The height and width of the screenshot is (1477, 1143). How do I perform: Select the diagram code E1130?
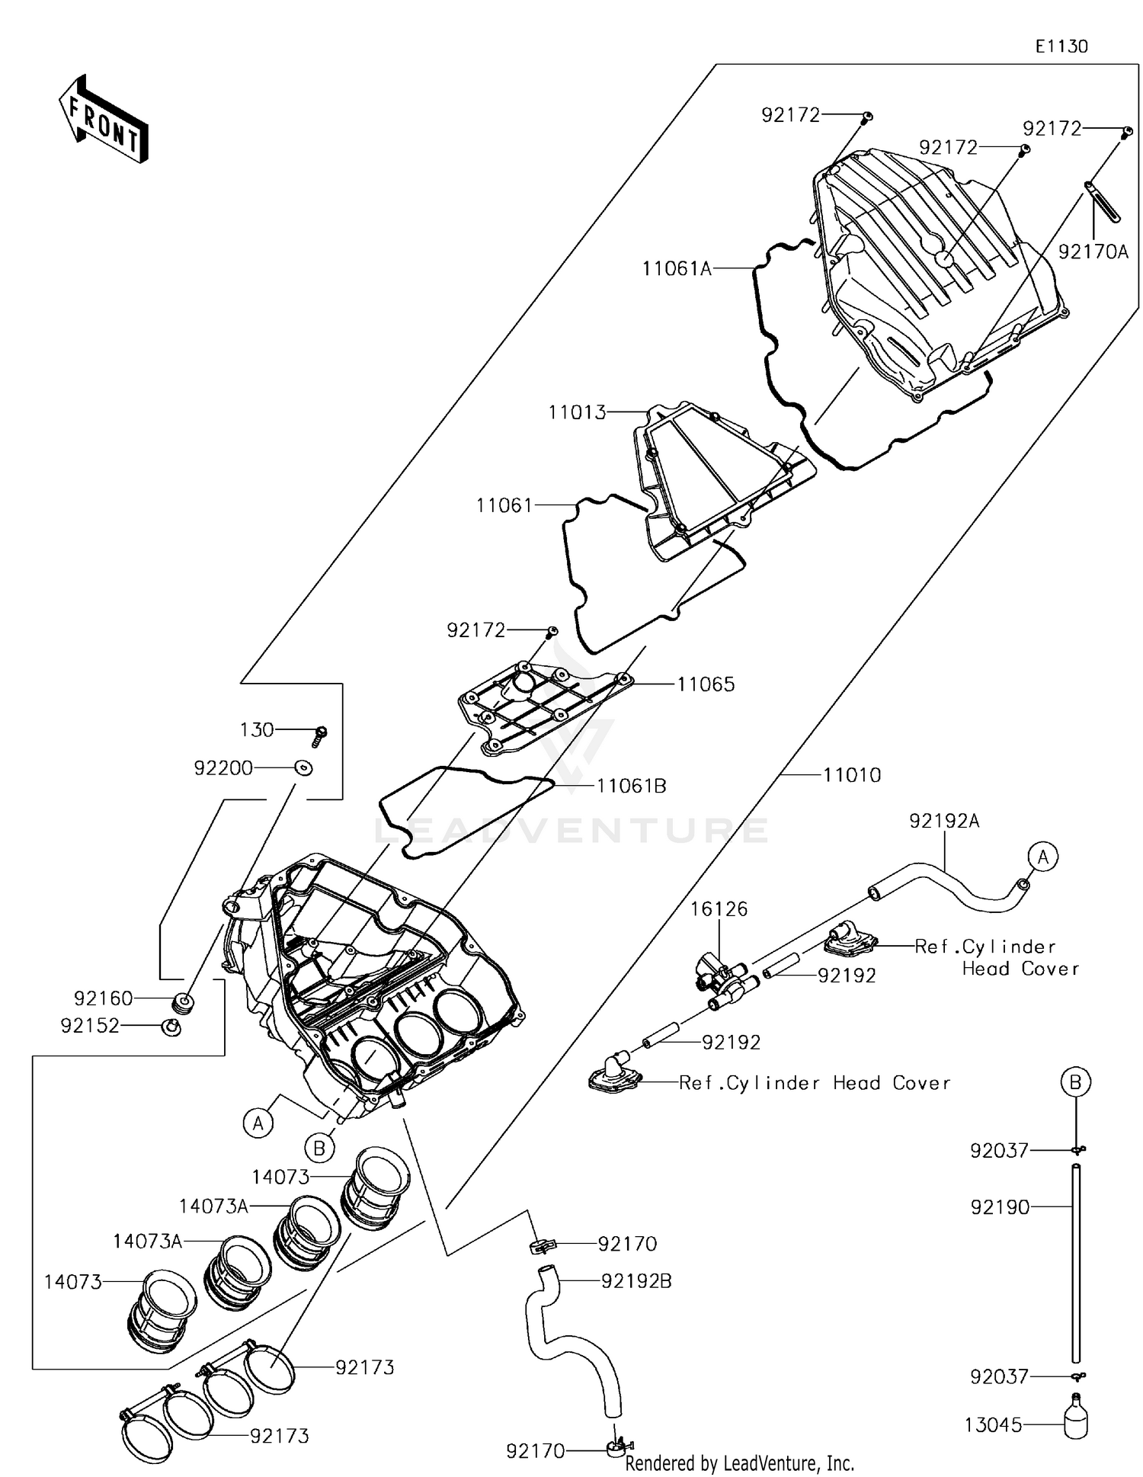point(1061,46)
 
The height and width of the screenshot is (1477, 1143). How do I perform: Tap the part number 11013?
point(577,412)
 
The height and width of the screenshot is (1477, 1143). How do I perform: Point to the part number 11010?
point(852,775)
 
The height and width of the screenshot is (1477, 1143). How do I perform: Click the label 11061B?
point(631,786)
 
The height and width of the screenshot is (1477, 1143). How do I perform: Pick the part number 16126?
point(719,908)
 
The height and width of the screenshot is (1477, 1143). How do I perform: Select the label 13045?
point(993,1424)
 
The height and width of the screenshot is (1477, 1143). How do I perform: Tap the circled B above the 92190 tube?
point(1075,1081)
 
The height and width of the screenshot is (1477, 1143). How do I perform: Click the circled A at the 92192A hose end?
point(1042,857)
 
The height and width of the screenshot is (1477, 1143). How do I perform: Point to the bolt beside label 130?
point(319,735)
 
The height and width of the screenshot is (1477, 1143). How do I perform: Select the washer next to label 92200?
point(303,768)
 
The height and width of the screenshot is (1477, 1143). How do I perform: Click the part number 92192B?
point(636,1281)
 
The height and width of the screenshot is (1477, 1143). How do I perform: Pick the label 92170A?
point(1093,252)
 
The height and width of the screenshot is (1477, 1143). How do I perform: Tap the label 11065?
point(706,684)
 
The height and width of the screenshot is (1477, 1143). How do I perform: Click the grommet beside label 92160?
point(182,1001)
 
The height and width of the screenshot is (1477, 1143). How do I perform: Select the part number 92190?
point(1000,1207)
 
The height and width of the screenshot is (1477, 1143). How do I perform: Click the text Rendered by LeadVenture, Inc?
point(739,1463)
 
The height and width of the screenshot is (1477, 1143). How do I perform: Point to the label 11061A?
point(677,268)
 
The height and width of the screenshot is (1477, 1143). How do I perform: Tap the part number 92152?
point(90,1026)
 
